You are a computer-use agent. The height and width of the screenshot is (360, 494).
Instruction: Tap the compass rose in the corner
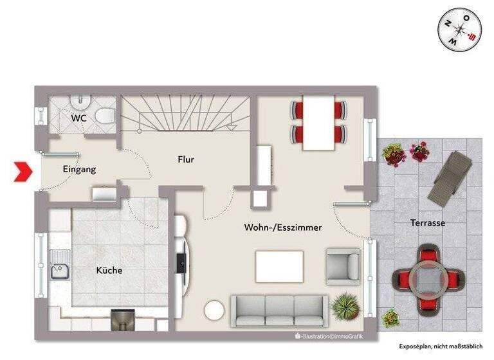[460, 30]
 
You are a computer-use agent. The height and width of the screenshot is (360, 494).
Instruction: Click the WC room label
[79, 118]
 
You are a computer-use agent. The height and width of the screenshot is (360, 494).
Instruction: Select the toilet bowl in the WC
[104, 116]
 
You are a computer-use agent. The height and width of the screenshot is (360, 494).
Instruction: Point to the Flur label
[186, 159]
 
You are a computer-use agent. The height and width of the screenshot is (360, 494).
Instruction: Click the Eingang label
[79, 170]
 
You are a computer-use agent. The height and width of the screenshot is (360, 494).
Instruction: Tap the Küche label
[109, 271]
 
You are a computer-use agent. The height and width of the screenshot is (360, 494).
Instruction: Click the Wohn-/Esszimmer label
[283, 228]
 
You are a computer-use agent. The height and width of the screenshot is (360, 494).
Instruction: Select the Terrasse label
[428, 223]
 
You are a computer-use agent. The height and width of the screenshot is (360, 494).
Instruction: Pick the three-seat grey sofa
[279, 310]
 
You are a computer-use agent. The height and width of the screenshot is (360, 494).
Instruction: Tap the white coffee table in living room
[279, 266]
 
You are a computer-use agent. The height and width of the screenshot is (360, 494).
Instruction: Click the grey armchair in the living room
[343, 265]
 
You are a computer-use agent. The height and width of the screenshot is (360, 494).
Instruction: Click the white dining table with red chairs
[318, 122]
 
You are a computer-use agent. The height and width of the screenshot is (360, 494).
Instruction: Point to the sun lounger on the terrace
[450, 177]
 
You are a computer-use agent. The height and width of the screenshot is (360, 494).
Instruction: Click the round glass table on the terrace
[428, 277]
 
